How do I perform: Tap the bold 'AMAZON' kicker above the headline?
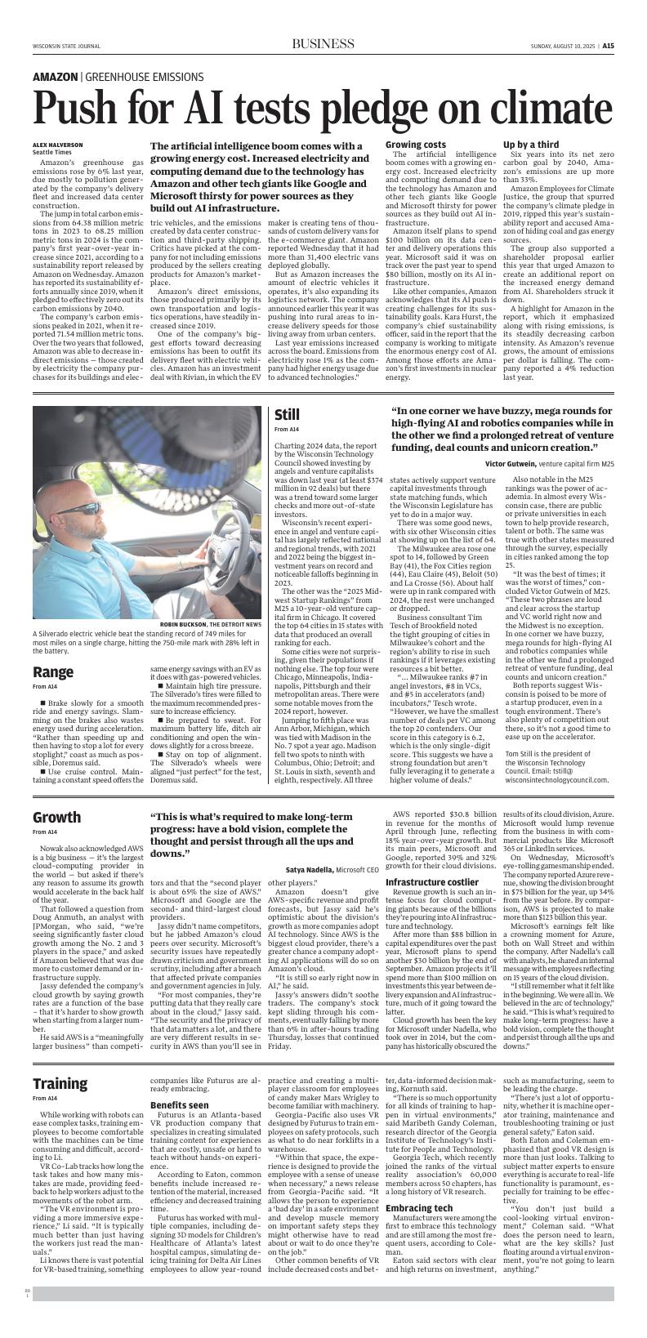click(x=55, y=76)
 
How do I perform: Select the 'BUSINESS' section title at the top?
click(x=322, y=45)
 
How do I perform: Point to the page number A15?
click(x=608, y=47)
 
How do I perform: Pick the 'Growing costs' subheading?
click(x=416, y=145)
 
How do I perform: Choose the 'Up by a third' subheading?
click(x=531, y=145)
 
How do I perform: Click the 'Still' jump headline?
click(x=288, y=415)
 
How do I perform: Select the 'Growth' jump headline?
click(x=56, y=817)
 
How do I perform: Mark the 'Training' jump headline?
click(x=60, y=1083)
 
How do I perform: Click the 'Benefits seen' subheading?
click(x=179, y=1105)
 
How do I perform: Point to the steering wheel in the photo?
click(x=196, y=539)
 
